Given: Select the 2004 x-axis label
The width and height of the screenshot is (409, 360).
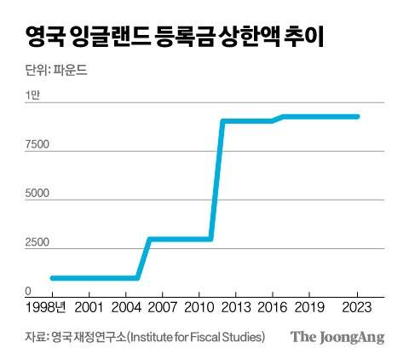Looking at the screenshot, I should coord(126,306).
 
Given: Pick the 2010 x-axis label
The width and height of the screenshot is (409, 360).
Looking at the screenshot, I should coord(199,306).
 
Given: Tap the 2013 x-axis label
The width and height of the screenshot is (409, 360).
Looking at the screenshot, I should coord(234,306).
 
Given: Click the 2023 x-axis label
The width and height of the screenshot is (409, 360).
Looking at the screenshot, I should coord(355,306).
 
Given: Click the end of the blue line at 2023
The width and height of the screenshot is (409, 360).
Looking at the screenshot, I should coord(357,117).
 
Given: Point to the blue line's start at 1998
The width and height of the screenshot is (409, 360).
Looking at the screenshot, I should coord(53,277).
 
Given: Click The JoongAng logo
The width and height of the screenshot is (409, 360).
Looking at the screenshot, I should coord(337,337).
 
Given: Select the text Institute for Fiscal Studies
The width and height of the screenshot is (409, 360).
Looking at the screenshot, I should coord(195,337).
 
